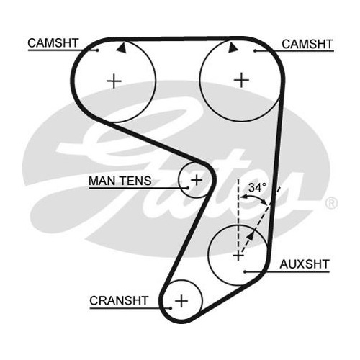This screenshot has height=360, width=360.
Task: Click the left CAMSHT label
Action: click(x=53, y=43)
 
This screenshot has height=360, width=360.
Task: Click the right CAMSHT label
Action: click(x=307, y=44)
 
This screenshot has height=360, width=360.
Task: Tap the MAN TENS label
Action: click(x=120, y=181)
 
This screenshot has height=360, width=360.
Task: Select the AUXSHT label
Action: click(x=305, y=264)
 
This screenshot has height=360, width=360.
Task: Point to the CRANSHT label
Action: click(x=119, y=300)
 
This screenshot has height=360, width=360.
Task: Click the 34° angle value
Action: click(x=258, y=187)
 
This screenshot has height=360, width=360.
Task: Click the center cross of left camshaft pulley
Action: click(x=114, y=81)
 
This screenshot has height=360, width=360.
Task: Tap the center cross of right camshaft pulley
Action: click(x=241, y=80)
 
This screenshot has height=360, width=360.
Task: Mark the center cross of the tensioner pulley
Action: click(x=197, y=180)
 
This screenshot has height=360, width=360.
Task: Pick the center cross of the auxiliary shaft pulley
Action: click(x=238, y=256)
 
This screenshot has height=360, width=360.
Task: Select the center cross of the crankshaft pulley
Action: click(x=181, y=301)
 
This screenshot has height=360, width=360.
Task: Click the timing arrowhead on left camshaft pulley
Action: click(x=122, y=48)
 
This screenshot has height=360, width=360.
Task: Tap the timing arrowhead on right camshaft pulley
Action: click(x=233, y=48)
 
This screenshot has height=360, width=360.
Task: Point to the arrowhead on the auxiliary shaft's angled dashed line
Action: click(x=250, y=235)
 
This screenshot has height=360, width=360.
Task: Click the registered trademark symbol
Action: click(x=331, y=203)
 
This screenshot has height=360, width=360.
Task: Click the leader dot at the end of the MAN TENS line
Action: click(x=188, y=188)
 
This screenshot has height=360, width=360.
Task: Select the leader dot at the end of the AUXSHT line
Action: click(x=245, y=271)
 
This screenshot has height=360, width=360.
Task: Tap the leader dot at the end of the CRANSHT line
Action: click(x=170, y=308)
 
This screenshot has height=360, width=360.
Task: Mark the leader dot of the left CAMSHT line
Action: click(x=97, y=50)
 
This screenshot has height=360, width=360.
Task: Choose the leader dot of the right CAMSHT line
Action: click(x=256, y=51)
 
